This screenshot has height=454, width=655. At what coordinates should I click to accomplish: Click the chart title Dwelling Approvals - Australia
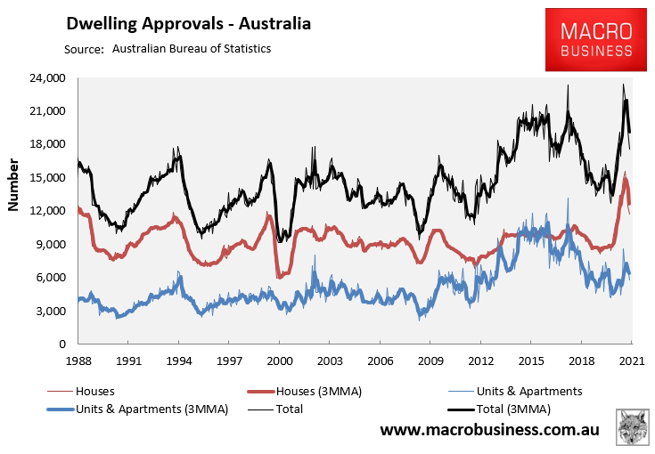tap(189, 24)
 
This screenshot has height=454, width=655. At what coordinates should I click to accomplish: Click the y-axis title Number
tap(13, 185)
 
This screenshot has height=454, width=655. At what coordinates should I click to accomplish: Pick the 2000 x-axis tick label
tap(279, 360)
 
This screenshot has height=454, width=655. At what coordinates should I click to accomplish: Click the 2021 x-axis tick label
tap(632, 360)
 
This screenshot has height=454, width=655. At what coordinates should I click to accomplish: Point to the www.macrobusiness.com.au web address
tap(489, 431)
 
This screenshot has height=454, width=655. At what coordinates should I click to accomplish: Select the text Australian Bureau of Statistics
tap(192, 48)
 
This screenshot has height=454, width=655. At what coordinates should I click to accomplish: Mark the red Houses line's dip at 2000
tap(280, 277)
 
